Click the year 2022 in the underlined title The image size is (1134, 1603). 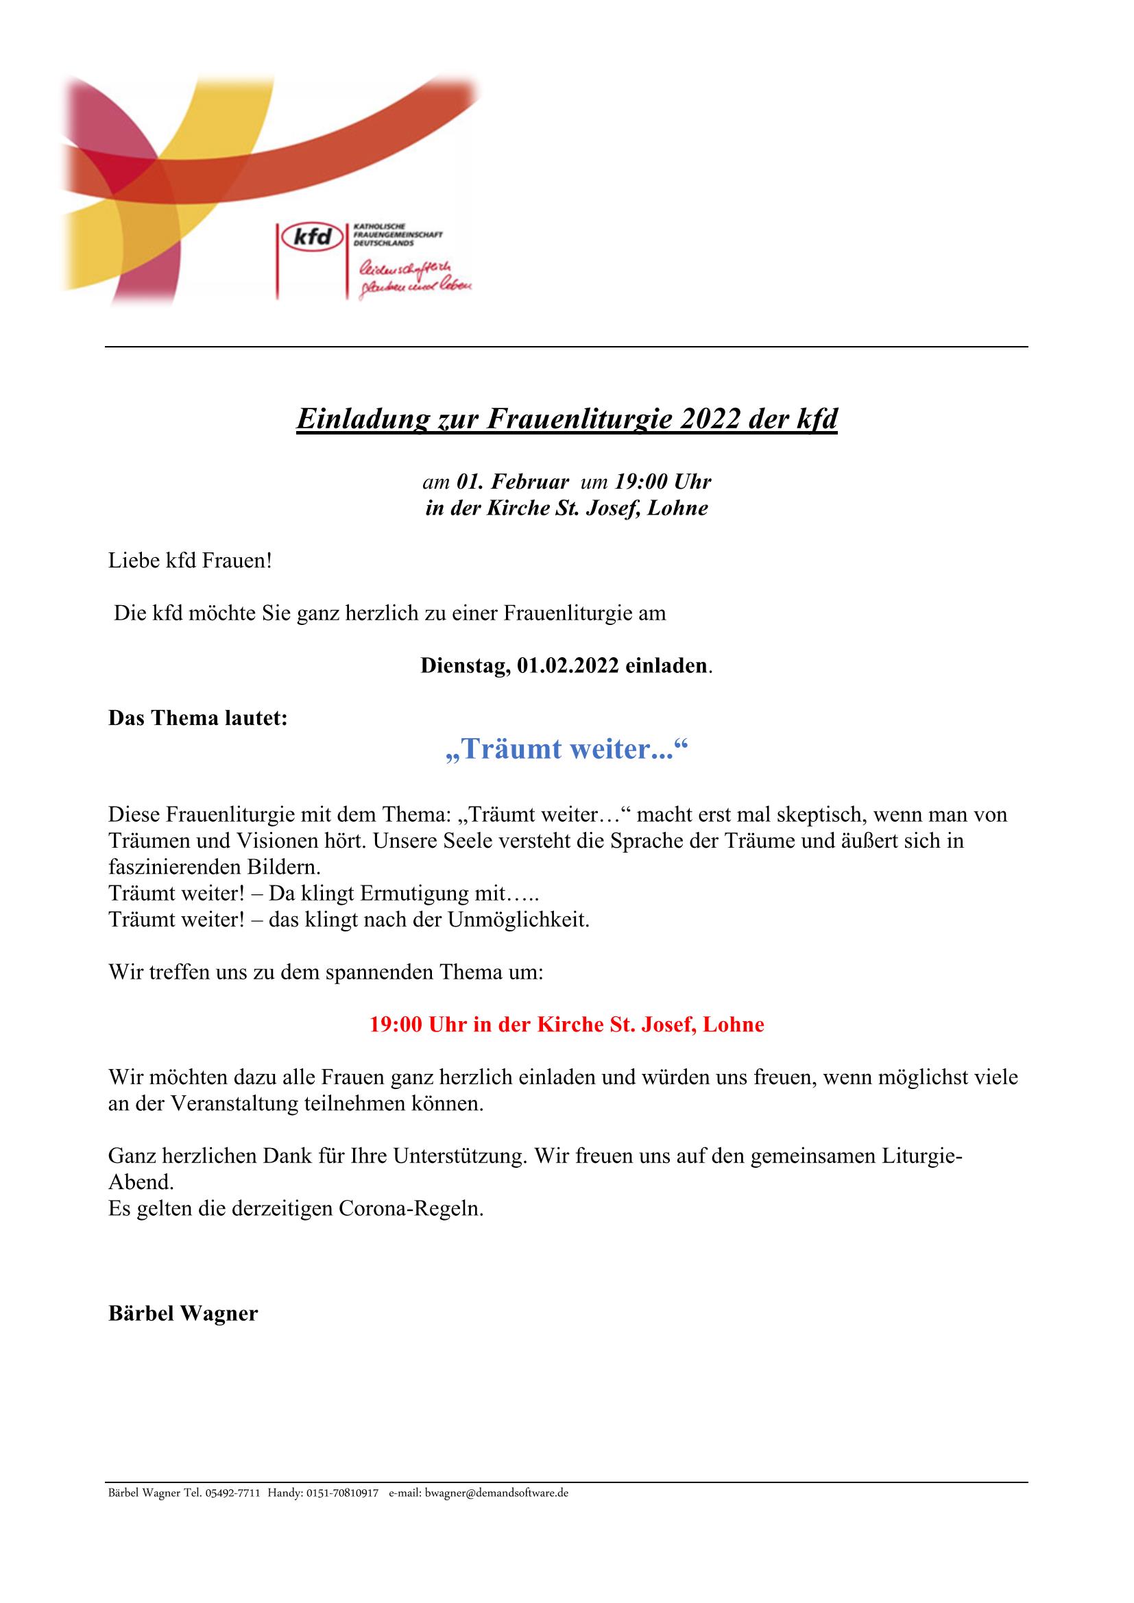[x=705, y=418]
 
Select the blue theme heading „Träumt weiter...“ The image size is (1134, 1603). [x=567, y=749]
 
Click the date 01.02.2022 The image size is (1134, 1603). [x=568, y=665]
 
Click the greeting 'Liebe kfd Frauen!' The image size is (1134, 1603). [x=190, y=561]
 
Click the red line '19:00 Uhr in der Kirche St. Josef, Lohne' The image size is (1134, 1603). [x=567, y=1024]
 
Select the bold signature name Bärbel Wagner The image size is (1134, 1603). [x=183, y=1313]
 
